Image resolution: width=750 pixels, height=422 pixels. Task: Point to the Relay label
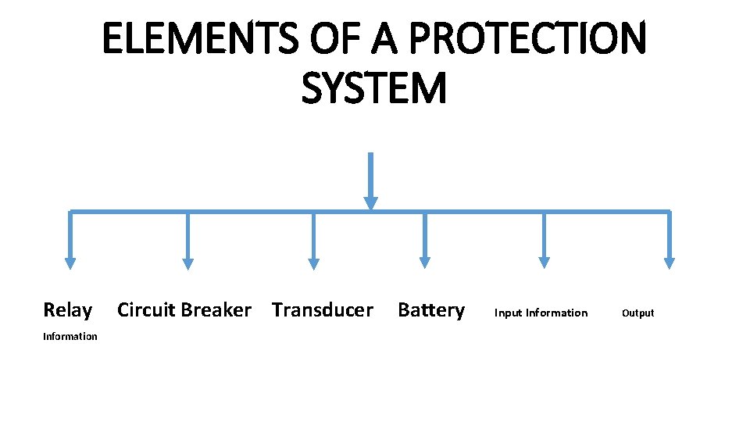67,310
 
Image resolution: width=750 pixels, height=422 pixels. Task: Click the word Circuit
146,310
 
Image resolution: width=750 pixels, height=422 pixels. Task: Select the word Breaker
216,310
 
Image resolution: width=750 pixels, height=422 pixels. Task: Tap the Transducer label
322,310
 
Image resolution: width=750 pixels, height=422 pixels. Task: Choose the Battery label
431,310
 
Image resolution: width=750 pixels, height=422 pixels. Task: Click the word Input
508,313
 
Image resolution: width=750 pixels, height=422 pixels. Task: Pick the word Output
637,313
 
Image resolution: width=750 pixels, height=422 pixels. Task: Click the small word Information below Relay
70,337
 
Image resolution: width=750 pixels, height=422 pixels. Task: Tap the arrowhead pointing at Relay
70,263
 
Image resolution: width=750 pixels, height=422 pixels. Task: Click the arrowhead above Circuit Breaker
187,263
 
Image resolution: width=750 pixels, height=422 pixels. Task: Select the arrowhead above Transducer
313,263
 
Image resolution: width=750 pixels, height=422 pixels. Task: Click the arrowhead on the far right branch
669,263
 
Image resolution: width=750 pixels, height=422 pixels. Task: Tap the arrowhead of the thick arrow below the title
370,202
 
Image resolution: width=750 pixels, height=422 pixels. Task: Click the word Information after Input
556,313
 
